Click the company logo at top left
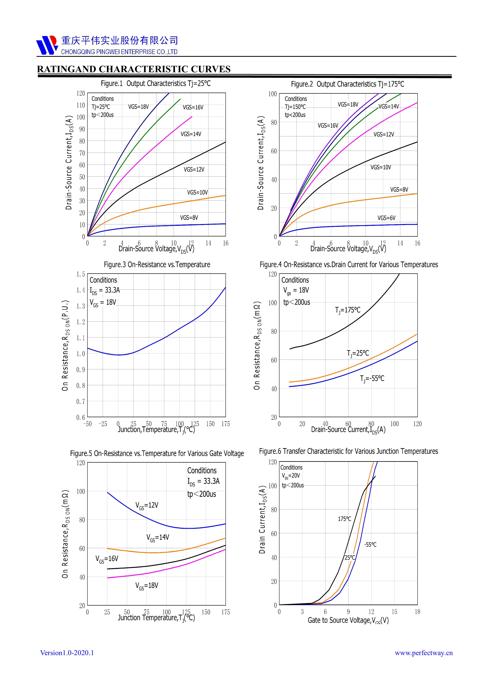tap(47, 45)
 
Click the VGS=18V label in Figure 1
tap(138, 107)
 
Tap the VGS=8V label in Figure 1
tap(189, 218)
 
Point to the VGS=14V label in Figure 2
tap(388, 107)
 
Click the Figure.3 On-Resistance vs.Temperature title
tap(157, 265)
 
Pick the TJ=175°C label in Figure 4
tap(348, 310)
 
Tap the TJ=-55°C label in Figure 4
tap(372, 379)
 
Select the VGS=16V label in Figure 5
tap(107, 559)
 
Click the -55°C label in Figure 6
tap(370, 545)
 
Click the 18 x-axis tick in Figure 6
tap(417, 612)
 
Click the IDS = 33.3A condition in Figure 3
tap(105, 290)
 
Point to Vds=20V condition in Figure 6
tap(290, 476)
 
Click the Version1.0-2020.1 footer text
tap(67, 653)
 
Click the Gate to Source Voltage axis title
tap(348, 620)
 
